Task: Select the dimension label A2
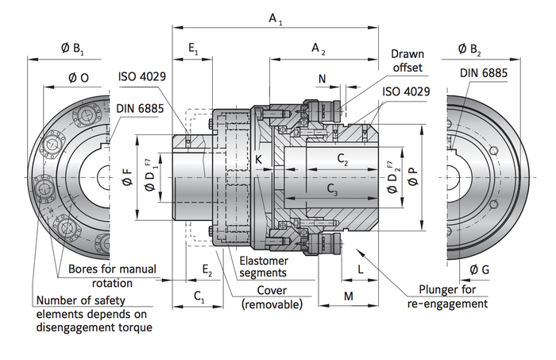[319, 49]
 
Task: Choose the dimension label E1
[193, 49]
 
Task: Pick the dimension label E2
[207, 271]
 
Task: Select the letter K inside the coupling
[259, 160]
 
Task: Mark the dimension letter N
[322, 78]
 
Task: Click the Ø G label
[479, 270]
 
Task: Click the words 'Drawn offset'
[407, 61]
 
